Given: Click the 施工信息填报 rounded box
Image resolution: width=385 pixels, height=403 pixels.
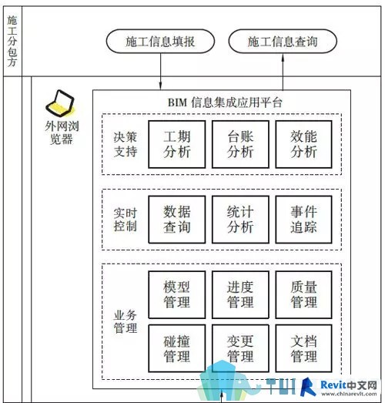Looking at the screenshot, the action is pyautogui.click(x=160, y=42).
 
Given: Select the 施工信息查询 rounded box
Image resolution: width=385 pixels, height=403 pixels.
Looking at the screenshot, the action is pyautogui.click(x=283, y=42).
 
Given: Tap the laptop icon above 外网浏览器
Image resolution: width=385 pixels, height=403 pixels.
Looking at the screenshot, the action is pyautogui.click(x=60, y=103).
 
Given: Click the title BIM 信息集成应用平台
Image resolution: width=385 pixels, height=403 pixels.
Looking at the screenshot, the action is pyautogui.click(x=225, y=102).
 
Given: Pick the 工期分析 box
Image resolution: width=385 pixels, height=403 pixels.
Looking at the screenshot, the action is pyautogui.click(x=177, y=144).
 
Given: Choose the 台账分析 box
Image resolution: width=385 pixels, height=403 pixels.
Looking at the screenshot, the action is pyautogui.click(x=240, y=144).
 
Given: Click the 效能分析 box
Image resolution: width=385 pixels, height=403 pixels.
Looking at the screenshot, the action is pyautogui.click(x=304, y=144).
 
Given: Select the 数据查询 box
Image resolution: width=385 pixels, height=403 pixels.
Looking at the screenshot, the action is pyautogui.click(x=177, y=220).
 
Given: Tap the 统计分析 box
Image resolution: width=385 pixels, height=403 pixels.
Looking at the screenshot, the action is pyautogui.click(x=240, y=220).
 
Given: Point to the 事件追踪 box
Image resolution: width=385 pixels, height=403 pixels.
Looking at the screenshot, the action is pyautogui.click(x=304, y=220).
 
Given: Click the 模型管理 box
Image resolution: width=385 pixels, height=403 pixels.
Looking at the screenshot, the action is pyautogui.click(x=177, y=294).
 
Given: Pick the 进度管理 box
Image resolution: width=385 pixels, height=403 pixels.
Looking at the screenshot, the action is pyautogui.click(x=240, y=294).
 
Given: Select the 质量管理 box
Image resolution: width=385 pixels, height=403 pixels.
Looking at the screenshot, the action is pyautogui.click(x=304, y=294).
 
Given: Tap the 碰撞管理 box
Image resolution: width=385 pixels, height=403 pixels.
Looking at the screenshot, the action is pyautogui.click(x=177, y=348).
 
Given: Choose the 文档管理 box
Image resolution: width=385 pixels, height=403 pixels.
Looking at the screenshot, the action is pyautogui.click(x=304, y=348).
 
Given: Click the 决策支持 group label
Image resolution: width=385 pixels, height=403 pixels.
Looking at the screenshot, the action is pyautogui.click(x=126, y=144).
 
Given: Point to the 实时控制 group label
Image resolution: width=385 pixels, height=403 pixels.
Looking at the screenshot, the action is pyautogui.click(x=126, y=220).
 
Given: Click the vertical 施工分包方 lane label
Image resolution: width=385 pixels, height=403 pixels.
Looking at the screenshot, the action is pyautogui.click(x=12, y=41).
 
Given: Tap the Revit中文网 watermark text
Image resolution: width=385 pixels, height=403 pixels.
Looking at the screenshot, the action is pyautogui.click(x=349, y=385).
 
